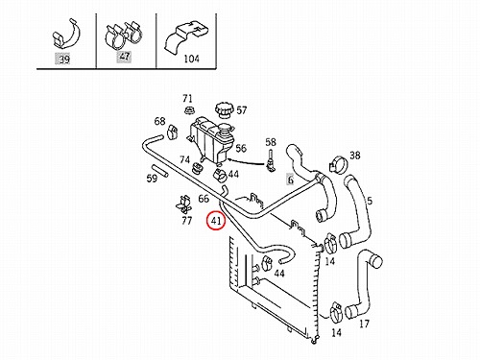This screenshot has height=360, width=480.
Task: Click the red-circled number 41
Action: click(x=216, y=221)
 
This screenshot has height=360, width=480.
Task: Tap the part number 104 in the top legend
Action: click(x=191, y=59)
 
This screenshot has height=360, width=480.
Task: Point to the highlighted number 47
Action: click(x=124, y=57)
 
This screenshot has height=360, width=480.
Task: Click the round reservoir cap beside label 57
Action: click(x=224, y=110)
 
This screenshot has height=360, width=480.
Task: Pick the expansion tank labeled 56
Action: click(x=211, y=141)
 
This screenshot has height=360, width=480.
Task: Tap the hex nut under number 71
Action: click(x=188, y=110)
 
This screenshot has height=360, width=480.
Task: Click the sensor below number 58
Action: click(x=271, y=160)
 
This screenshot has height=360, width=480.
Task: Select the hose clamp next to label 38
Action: click(x=337, y=164)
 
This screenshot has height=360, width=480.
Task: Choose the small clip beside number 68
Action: click(x=172, y=132)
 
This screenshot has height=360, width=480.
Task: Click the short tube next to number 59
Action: click(x=159, y=171)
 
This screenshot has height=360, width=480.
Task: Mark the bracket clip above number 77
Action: click(x=183, y=204)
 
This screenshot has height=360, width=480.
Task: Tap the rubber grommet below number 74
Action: click(x=197, y=168)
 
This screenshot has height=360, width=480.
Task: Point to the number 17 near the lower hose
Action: click(x=364, y=324)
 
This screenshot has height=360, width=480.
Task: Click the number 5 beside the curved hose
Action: click(x=370, y=201)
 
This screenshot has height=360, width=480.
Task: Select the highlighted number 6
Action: click(x=290, y=180)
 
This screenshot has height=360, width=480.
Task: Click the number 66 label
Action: click(x=204, y=199)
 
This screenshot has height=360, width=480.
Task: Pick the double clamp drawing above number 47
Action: click(x=124, y=34)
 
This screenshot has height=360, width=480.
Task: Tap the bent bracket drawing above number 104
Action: click(x=187, y=36)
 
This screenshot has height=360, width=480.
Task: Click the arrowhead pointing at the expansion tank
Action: click(x=229, y=159)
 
